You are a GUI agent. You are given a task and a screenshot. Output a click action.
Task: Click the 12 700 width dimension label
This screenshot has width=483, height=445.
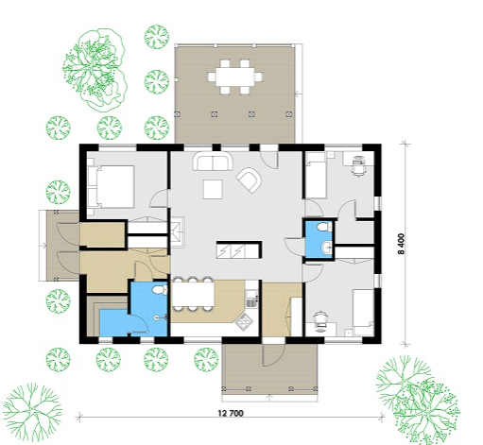231,413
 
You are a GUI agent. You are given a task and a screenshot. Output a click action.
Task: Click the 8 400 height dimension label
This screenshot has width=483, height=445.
401,244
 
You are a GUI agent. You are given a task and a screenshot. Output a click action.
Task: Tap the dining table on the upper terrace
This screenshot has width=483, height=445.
235,77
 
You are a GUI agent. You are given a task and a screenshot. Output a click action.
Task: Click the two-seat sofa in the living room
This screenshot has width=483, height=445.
213,161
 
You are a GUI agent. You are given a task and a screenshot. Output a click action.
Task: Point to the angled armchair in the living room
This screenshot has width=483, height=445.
250,180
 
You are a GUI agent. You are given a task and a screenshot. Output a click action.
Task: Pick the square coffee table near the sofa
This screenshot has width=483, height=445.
213,189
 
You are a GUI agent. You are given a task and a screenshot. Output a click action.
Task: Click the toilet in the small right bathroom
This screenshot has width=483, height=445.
324,227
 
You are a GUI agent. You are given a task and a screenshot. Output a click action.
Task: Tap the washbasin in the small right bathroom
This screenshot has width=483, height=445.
327,247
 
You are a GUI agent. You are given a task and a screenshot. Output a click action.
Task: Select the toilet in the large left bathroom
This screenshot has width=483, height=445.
160,290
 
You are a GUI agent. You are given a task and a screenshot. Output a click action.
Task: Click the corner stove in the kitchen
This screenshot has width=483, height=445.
245,321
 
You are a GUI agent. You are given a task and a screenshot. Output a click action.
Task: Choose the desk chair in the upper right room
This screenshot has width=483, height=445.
358,166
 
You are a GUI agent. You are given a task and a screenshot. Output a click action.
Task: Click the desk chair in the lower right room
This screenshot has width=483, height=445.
320,321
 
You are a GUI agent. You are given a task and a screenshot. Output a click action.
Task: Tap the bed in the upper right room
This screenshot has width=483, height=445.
316,176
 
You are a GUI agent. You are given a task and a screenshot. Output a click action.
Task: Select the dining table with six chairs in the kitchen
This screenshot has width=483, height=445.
193,295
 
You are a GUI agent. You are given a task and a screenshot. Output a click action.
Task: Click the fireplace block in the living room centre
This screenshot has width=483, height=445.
239,250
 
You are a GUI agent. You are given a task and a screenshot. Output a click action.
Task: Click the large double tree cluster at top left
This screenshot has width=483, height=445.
95,70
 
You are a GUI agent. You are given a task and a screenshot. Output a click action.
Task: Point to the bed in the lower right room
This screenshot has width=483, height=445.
363,313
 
